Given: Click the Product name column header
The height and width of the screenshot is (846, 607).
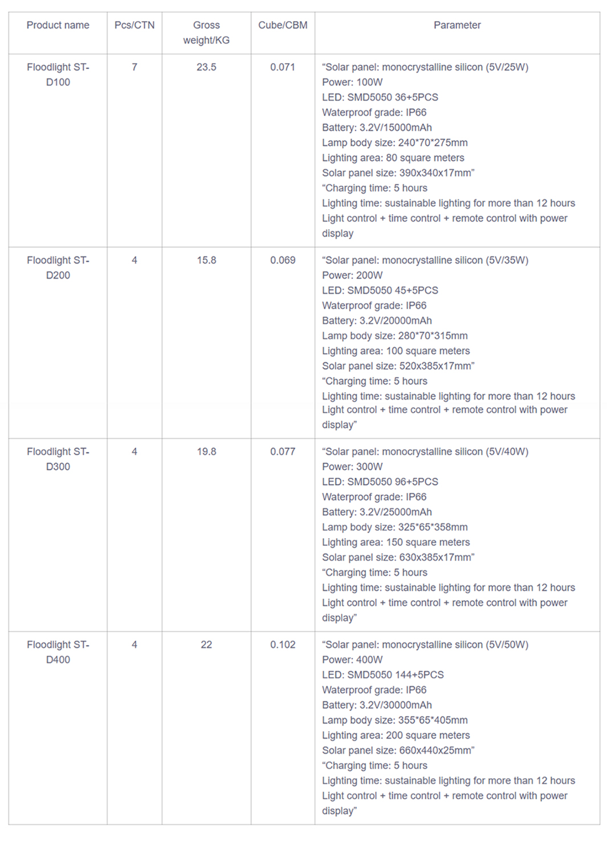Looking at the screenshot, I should pos(58,25).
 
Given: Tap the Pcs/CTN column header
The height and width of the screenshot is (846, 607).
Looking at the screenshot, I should pos(135,25).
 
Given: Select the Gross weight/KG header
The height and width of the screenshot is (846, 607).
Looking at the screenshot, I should pos(206,32).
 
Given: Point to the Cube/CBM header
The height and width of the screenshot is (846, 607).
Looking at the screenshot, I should pos(283,25).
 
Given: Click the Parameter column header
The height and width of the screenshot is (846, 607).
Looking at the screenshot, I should pos(457,25).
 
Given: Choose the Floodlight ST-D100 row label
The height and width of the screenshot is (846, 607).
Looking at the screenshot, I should pos(58,75).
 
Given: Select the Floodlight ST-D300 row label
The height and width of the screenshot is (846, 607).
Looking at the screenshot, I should pos(58,459).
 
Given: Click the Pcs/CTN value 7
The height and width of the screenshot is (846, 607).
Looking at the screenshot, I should pos(135,67).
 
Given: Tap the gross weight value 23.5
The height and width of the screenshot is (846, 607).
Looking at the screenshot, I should pos(206,67).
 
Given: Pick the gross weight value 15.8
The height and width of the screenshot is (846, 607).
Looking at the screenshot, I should pos(206,260).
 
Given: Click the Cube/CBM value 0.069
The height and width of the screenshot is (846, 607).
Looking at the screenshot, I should pos(283,260).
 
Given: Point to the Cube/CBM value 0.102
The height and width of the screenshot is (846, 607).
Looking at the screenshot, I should pos(283,644).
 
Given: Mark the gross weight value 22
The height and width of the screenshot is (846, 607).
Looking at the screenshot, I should pos(206,644).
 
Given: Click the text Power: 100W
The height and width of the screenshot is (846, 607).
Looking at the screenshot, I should pos(352,82).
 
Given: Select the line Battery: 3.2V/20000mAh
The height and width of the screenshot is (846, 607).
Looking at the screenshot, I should pos(377,321).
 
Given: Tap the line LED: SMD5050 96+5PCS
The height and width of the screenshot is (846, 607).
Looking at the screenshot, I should pos(380,482).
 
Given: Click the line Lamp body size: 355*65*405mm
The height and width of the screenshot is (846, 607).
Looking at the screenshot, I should pos(394,720).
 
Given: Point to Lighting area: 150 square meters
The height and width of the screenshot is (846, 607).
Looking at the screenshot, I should pos(396,542).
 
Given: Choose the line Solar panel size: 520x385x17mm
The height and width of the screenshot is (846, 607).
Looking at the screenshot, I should pos(398,366).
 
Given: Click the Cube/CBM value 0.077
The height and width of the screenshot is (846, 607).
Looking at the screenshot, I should pos(283,451).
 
